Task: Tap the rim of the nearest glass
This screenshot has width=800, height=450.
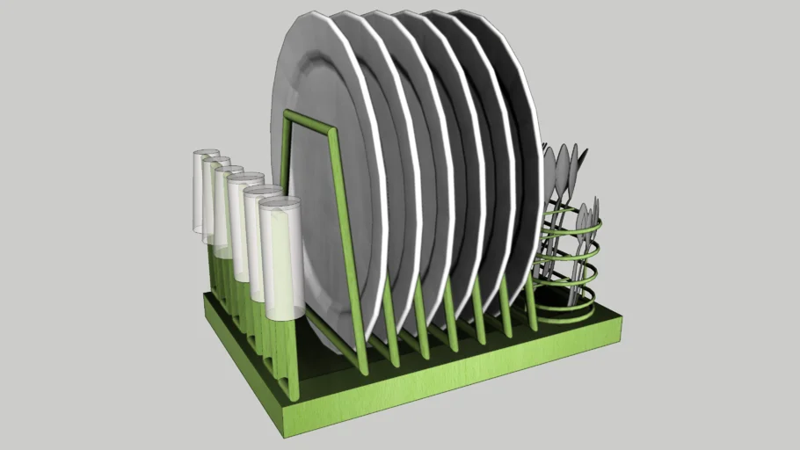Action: (280, 203)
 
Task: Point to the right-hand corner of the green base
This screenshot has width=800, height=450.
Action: (620, 327)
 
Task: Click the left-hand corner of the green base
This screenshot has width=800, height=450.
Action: (208, 299)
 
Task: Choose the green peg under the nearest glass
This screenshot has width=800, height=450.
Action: (283, 360)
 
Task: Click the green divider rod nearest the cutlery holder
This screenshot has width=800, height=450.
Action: (531, 303)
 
